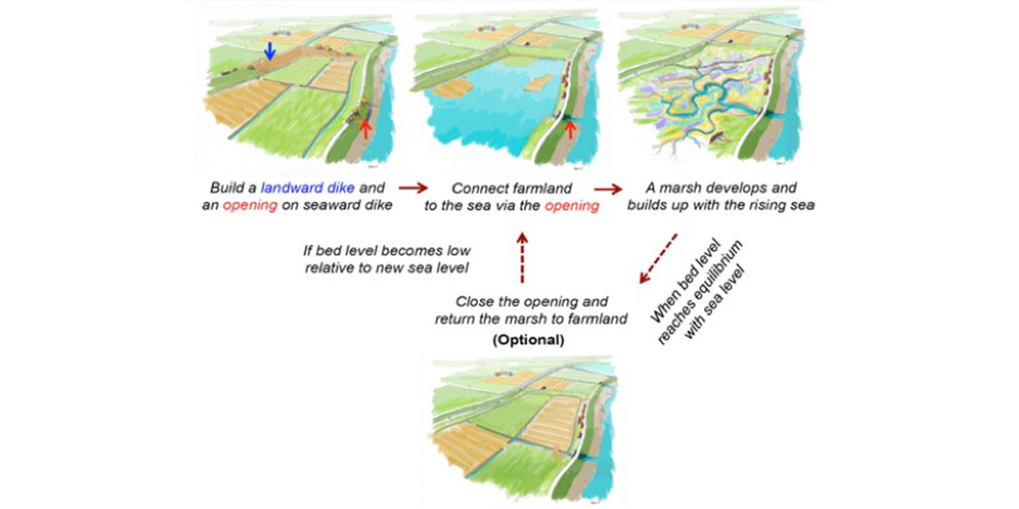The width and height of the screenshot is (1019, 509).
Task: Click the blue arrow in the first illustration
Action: (269, 51)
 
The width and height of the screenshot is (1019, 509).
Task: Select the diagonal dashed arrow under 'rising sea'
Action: (656, 258)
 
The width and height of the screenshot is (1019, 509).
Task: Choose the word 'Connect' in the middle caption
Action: (479, 187)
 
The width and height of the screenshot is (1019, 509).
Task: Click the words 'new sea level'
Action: (426, 269)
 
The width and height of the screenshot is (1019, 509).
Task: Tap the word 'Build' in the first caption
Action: (227, 187)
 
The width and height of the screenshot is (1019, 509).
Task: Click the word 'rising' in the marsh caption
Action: (747, 204)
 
